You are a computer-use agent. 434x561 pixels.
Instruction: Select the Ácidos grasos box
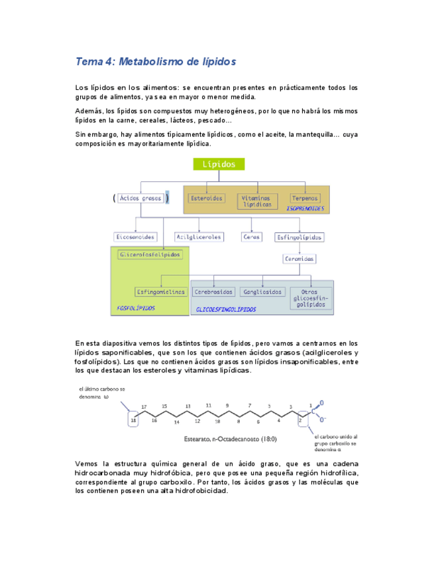pyautogui.click(x=140, y=198)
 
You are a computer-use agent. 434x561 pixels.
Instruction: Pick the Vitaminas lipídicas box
pyautogui.click(x=256, y=200)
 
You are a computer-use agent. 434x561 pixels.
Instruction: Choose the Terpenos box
pyautogui.click(x=305, y=198)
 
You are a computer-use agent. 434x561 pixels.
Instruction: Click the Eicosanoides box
pyautogui.click(x=135, y=237)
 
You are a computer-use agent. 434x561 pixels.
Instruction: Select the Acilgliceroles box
pyautogui.click(x=198, y=237)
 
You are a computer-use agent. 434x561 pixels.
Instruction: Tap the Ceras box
pyautogui.click(x=252, y=237)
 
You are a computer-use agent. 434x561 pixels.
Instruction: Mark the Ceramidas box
pyautogui.click(x=299, y=259)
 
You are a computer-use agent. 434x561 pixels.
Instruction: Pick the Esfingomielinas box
pyautogui.click(x=160, y=291)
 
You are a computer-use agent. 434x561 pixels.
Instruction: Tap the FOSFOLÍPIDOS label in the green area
pyautogui.click(x=136, y=308)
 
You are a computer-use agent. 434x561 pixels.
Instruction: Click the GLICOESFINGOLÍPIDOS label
pyautogui.click(x=226, y=309)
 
